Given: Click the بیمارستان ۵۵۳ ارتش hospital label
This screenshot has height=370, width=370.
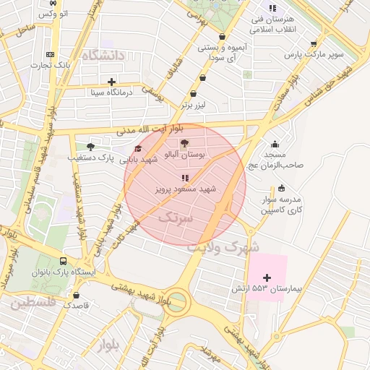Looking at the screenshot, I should coord(278,289).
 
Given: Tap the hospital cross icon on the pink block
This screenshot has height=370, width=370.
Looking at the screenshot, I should coord(267,277).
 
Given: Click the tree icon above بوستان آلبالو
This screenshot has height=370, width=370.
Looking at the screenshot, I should coord(184,143).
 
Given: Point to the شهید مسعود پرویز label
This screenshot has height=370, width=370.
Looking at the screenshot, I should coord(186,189).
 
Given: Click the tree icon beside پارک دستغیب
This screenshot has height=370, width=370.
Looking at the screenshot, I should coord(90,147).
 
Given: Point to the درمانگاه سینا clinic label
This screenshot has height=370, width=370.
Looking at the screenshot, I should coord(111,92).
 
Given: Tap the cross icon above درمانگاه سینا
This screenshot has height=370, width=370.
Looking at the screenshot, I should coord(111,82).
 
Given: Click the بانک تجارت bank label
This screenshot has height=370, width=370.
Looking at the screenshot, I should coord(49,66).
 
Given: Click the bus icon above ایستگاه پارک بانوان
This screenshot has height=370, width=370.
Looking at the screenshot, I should coord(64,260).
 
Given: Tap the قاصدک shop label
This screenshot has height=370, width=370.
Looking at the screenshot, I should coord(76,305).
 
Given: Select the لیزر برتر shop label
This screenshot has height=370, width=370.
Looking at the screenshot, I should coord(194,106).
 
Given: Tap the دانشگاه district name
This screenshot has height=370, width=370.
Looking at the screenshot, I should coord(103,55).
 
